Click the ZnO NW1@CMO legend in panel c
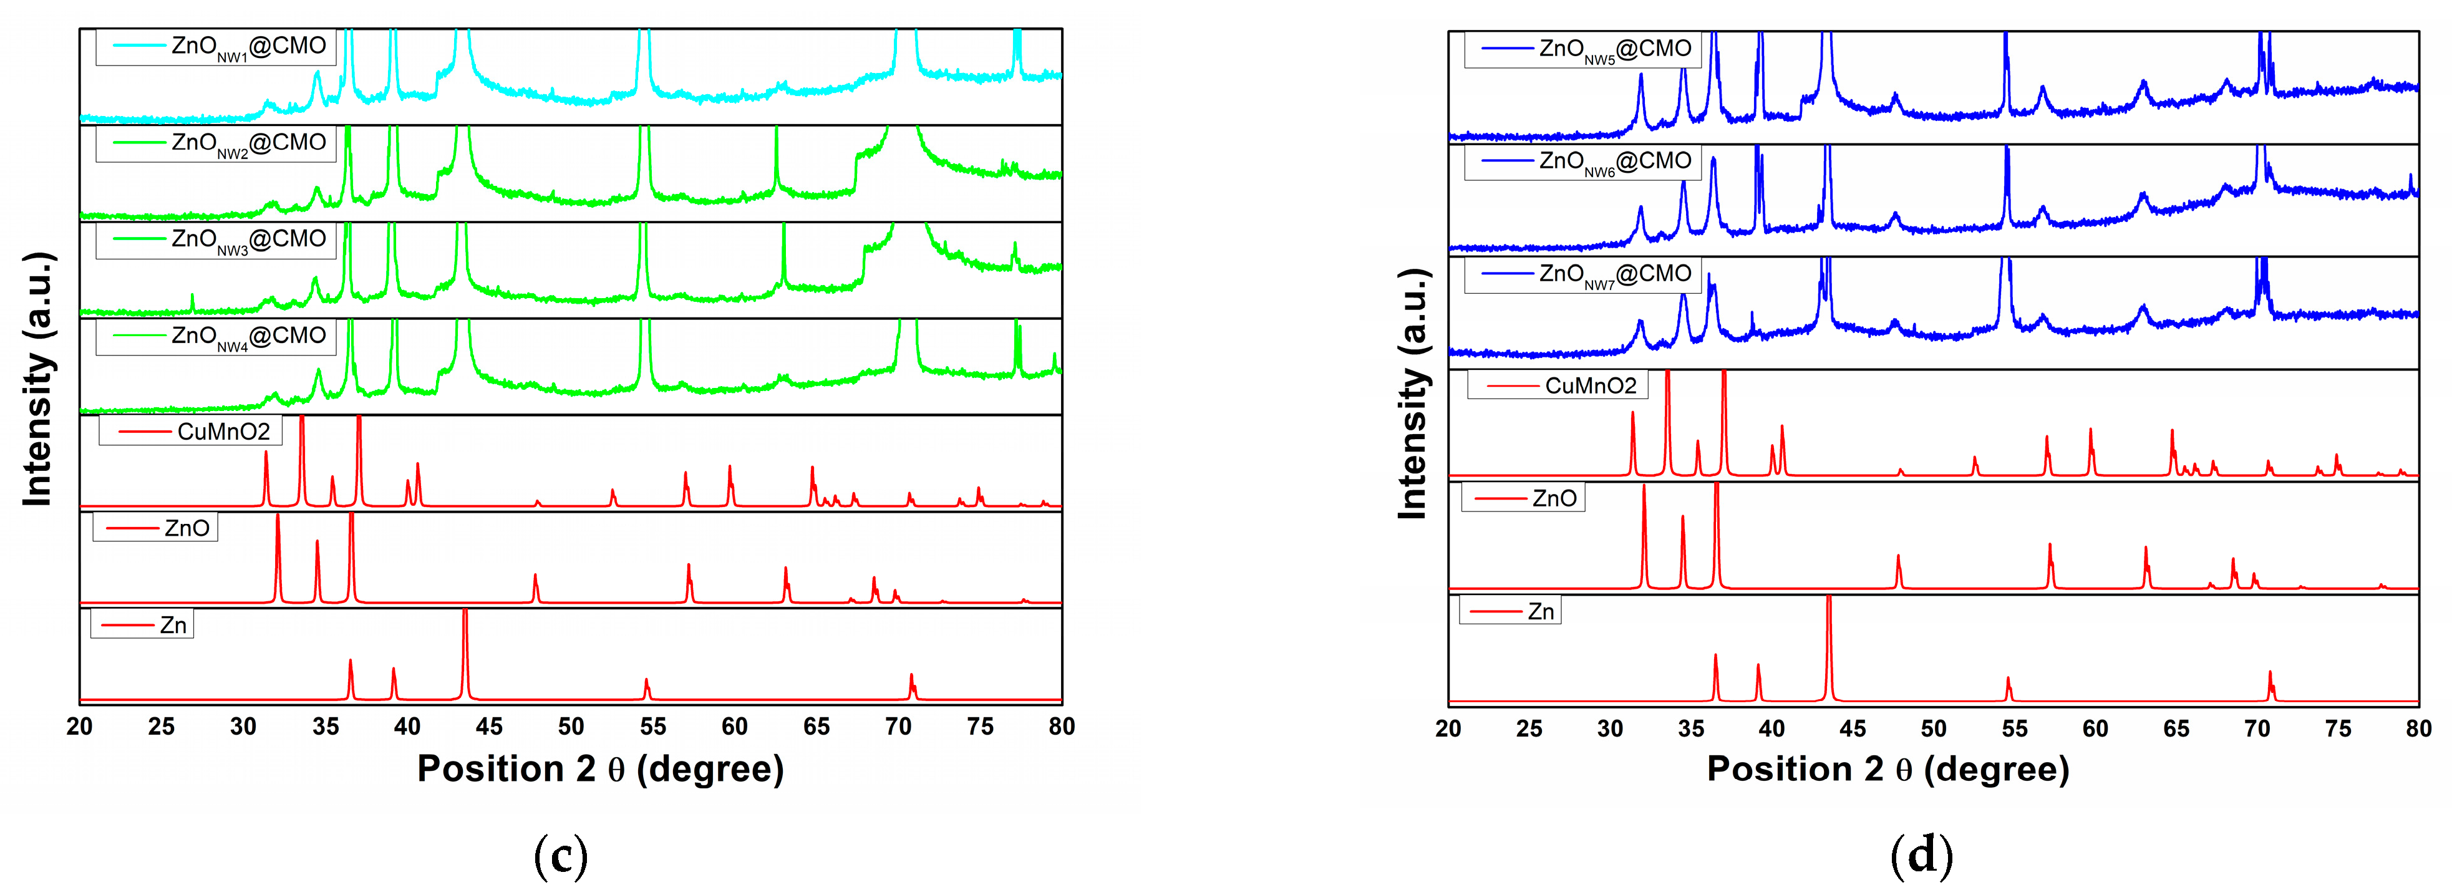pyautogui.click(x=216, y=47)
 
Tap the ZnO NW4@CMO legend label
pyautogui.click(x=216, y=336)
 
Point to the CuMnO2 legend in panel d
pyautogui.click(x=1558, y=385)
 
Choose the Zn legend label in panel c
pyautogui.click(x=143, y=624)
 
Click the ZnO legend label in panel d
pyautogui.click(x=1523, y=498)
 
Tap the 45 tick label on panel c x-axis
pyautogui.click(x=488, y=727)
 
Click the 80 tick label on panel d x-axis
pyautogui.click(x=2418, y=729)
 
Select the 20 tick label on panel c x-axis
pyautogui.click(x=80, y=727)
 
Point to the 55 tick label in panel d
pyautogui.click(x=2014, y=729)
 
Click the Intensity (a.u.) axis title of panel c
pyautogui.click(x=37, y=379)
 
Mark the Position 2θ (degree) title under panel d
pyautogui.click(x=1887, y=769)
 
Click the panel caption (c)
pyautogui.click(x=561, y=855)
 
